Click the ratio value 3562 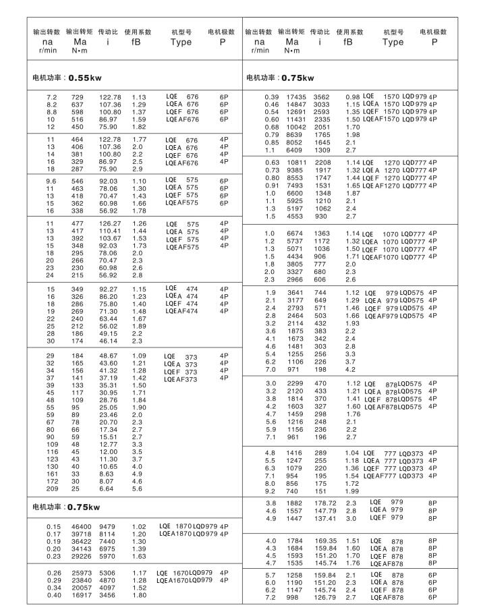pos(322,97)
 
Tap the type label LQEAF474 pos(181,311)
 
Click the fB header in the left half pos(138,41)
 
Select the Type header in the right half pos(393,41)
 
